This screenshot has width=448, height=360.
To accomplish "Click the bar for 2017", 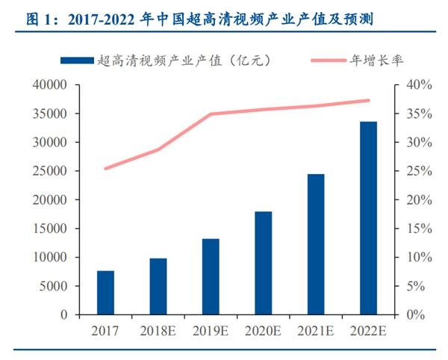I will [x=105, y=292].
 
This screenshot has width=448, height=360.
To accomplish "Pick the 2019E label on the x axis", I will [x=211, y=329].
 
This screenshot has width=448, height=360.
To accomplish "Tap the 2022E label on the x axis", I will [x=368, y=329].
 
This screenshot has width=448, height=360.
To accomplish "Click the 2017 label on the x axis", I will [x=105, y=329].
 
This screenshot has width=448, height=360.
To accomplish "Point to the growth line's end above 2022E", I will [x=369, y=100].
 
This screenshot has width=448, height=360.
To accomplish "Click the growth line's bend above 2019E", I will [x=211, y=114].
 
